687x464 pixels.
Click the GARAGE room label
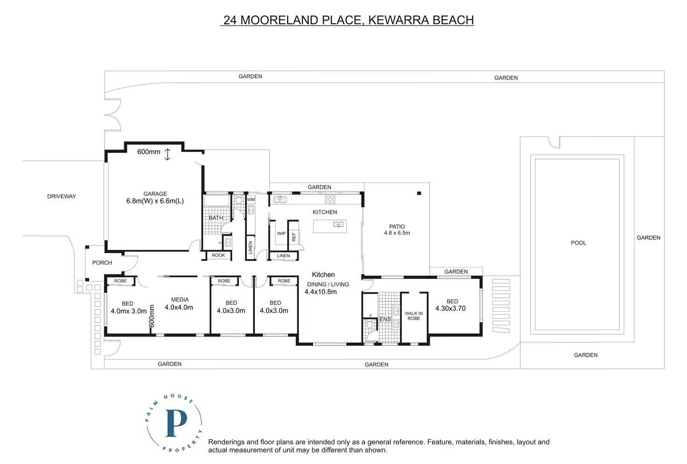(x=155, y=194)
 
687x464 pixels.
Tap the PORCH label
(x=102, y=263)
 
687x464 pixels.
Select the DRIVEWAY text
(x=61, y=196)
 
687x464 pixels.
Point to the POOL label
(x=578, y=243)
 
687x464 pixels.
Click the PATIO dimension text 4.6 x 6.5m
(x=397, y=233)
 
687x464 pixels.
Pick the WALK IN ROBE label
(x=414, y=316)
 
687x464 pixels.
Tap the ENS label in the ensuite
(x=385, y=319)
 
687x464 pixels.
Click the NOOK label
(x=218, y=255)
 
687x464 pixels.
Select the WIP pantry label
(x=281, y=233)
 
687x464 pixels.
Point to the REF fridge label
(x=294, y=237)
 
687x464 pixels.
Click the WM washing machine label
(x=251, y=200)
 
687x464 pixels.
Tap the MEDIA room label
(x=180, y=300)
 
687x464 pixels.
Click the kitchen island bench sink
(x=338, y=225)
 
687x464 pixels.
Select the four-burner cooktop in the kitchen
(x=330, y=199)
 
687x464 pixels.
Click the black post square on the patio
(x=419, y=193)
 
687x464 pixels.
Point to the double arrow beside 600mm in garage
(x=167, y=154)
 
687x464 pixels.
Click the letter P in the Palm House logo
(x=176, y=423)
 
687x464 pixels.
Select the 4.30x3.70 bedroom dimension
(x=450, y=309)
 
